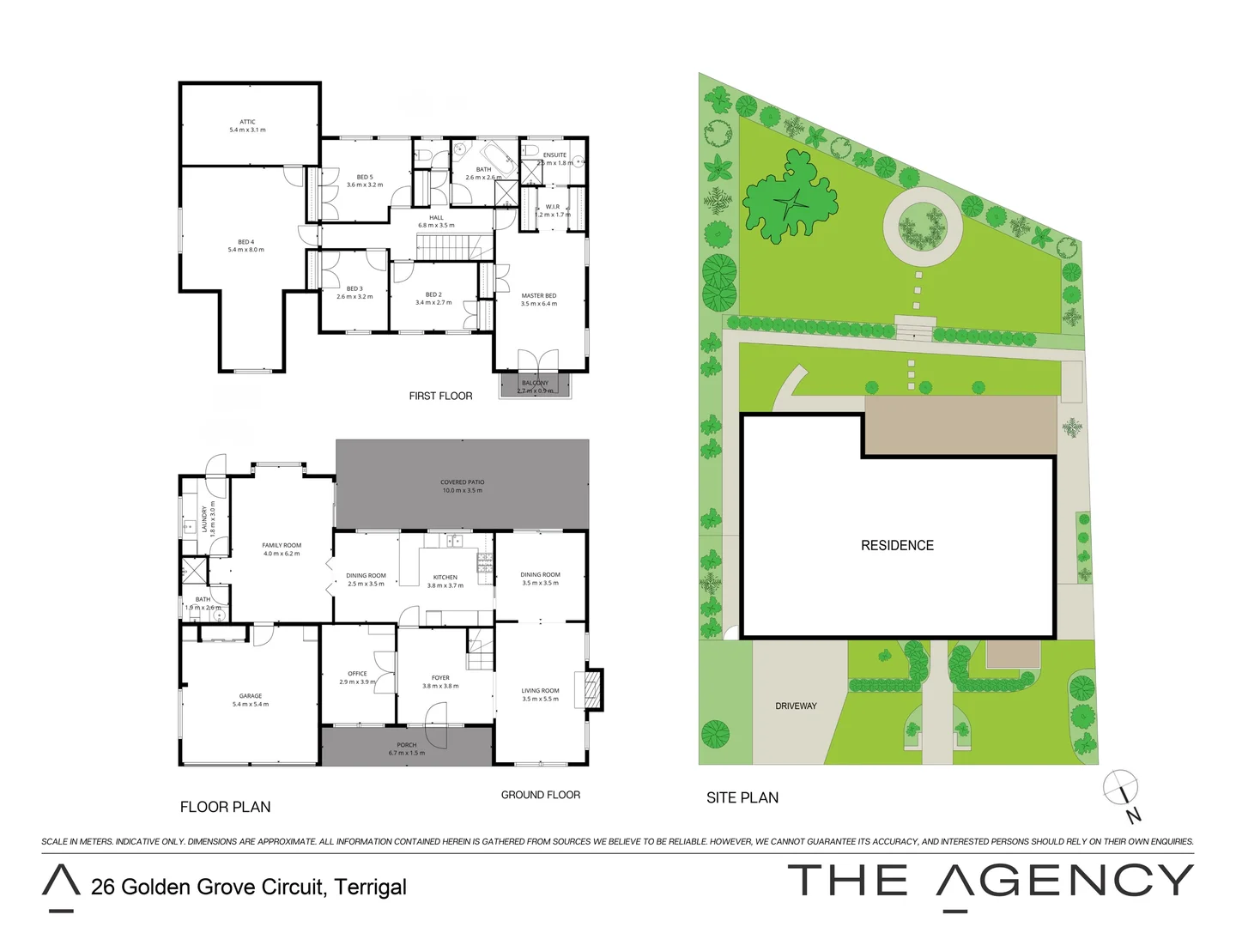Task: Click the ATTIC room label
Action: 247,123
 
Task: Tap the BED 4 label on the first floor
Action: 245,243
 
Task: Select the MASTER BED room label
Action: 538,296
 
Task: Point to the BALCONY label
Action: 535,384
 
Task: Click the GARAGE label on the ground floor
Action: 251,696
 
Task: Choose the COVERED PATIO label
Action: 462,483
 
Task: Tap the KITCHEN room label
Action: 445,578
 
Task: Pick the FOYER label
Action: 440,678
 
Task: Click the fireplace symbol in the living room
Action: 592,689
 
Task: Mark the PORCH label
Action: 407,745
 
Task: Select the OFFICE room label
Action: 357,674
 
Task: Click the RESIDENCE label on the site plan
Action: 897,546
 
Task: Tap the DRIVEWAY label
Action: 796,706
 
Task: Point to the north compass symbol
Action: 1121,787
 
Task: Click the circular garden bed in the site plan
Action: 923,225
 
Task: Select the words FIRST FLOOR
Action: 440,396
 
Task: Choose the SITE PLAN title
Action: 742,797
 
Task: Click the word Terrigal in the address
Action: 370,887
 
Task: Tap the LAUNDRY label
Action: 204,518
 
